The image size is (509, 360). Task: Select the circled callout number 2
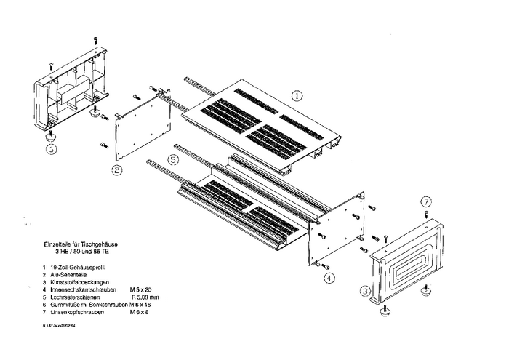tap(117, 170)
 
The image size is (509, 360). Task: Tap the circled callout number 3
tap(366, 292)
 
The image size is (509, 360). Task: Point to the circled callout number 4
tap(329, 278)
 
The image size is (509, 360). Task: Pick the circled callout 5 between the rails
tap(172, 159)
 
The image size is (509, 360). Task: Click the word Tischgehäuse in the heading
tap(106, 246)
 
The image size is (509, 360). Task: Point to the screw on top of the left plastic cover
tap(51, 67)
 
